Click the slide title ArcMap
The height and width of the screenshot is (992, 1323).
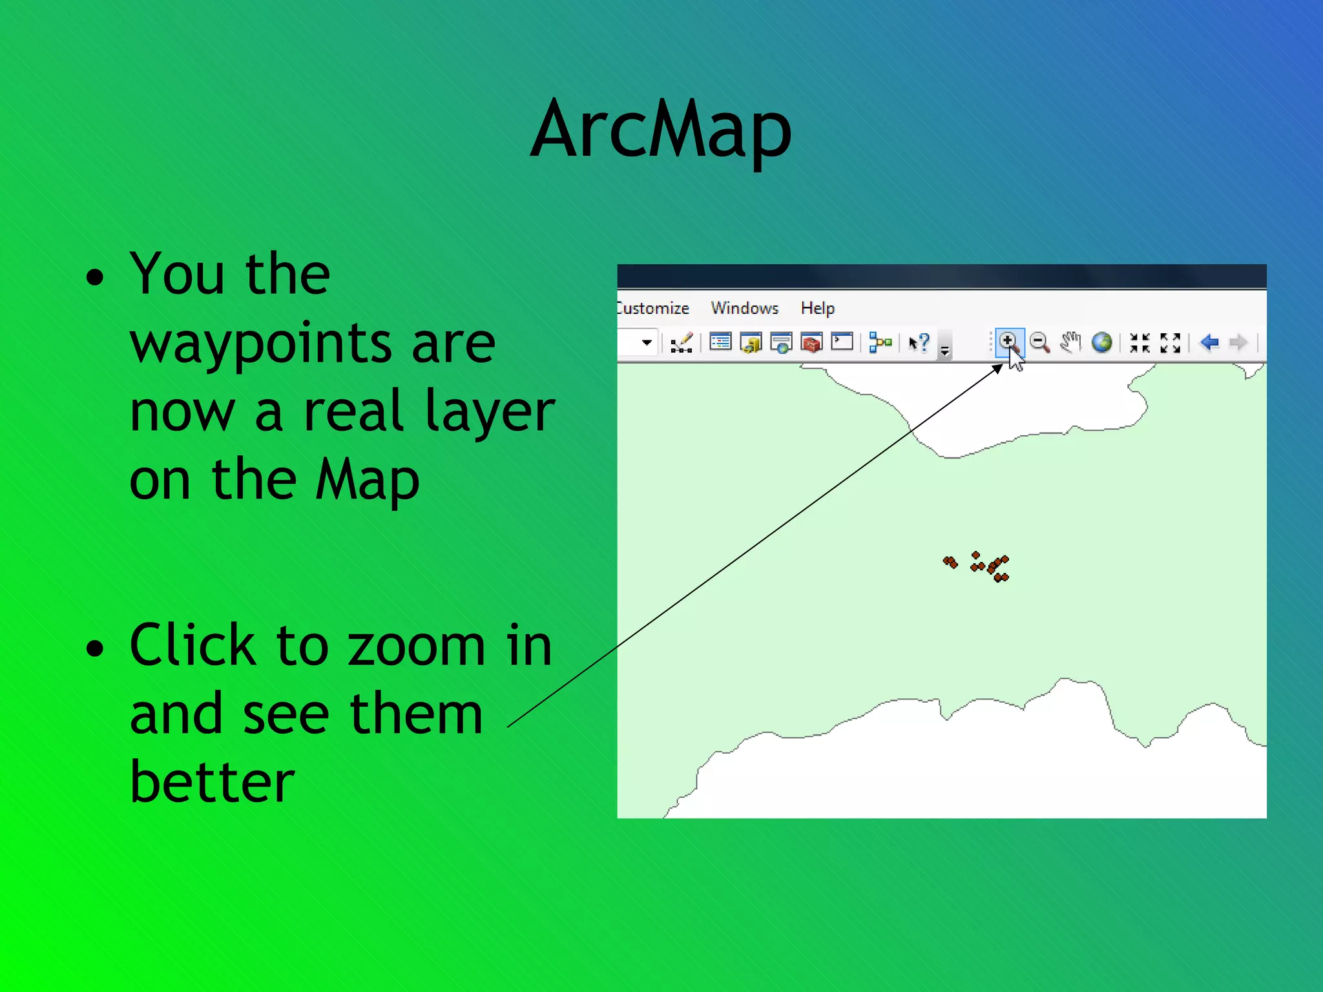click(661, 129)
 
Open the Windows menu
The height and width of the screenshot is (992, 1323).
click(744, 308)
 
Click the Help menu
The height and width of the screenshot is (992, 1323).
click(817, 308)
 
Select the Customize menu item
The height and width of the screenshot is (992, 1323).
click(654, 308)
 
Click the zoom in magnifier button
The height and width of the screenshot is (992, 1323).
click(1008, 342)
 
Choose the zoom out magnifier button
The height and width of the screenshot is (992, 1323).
click(1039, 342)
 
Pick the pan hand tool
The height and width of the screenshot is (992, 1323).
click(1070, 342)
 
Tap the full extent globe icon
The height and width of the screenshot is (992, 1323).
click(1101, 342)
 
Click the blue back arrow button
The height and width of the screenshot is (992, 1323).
click(1209, 342)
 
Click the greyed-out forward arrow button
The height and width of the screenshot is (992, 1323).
click(1238, 342)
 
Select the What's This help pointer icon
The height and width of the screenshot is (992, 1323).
click(919, 342)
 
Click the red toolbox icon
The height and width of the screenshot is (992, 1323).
click(811, 342)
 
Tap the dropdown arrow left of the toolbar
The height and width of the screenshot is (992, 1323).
click(647, 342)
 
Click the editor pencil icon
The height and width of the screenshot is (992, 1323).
click(682, 342)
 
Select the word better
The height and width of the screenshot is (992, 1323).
click(212, 781)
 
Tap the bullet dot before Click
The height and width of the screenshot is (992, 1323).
click(95, 648)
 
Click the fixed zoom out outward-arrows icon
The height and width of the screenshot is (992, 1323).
click(1170, 342)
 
